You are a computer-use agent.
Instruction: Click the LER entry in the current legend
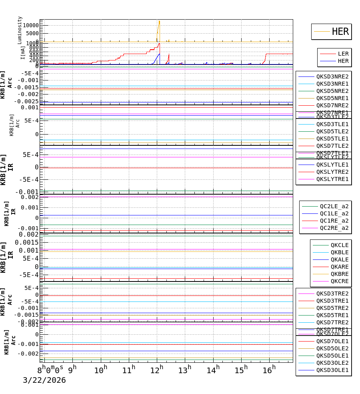pyautogui.click(x=343, y=54)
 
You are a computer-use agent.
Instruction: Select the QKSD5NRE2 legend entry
pyautogui.click(x=332, y=91)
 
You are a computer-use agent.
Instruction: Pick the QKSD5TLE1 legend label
pyautogui.click(x=332, y=139)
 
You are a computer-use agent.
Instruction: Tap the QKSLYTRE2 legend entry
pyautogui.click(x=332, y=172)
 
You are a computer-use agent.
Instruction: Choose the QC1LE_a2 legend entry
pyautogui.click(x=334, y=213)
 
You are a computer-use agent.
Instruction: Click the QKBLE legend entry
pyautogui.click(x=339, y=252)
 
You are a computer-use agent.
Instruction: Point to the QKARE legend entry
pyautogui.click(x=339, y=267)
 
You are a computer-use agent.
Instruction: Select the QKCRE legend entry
pyautogui.click(x=339, y=281)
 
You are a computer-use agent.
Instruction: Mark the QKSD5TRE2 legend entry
pyautogui.click(x=332, y=308)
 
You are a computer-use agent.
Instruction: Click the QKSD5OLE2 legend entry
pyautogui.click(x=332, y=348)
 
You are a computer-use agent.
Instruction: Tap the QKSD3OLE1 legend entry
pyautogui.click(x=332, y=370)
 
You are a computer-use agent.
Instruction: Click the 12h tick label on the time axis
pyautogui.click(x=159, y=369)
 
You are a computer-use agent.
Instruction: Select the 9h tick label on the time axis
pyautogui.click(x=72, y=369)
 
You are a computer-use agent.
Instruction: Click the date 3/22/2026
pyautogui.click(x=44, y=380)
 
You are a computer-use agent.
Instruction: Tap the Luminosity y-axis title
pyautogui.click(x=20, y=30)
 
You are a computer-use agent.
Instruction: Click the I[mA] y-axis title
pyautogui.click(x=23, y=52)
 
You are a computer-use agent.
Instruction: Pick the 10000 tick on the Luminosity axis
pyautogui.click(x=29, y=25)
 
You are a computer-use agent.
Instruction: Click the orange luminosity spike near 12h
pyautogui.click(x=159, y=28)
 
